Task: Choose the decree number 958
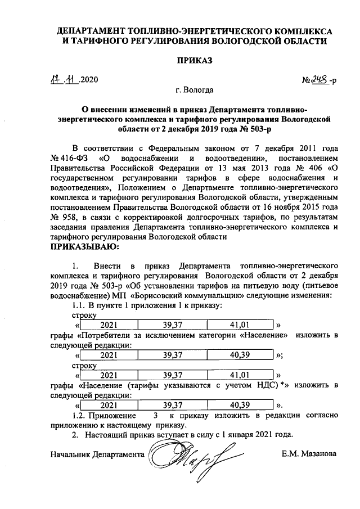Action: click(x=70, y=217)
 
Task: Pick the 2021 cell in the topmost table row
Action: click(x=109, y=325)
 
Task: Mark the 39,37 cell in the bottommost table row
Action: click(x=172, y=404)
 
